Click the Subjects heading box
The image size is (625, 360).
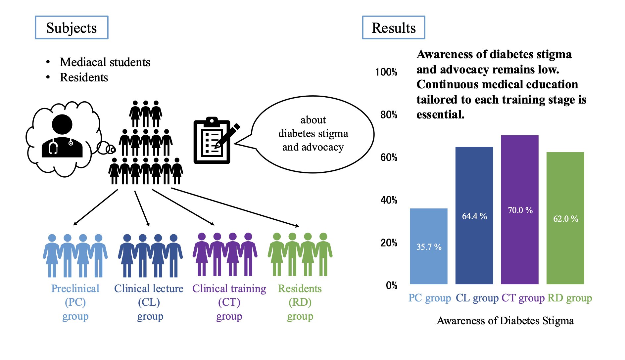72,28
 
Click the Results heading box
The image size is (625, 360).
393,28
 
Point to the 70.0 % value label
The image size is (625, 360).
520,210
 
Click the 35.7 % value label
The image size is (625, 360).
429,247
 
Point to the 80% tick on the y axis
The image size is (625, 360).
389,115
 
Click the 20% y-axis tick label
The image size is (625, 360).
389,243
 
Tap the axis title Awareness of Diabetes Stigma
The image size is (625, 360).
505,321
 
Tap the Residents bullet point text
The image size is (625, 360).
84,77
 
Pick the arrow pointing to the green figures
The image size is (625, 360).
235,207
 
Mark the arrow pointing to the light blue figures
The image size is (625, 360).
95,207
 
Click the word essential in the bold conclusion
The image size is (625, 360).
440,114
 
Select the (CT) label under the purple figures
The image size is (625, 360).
229,302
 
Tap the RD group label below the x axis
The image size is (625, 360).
569,298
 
